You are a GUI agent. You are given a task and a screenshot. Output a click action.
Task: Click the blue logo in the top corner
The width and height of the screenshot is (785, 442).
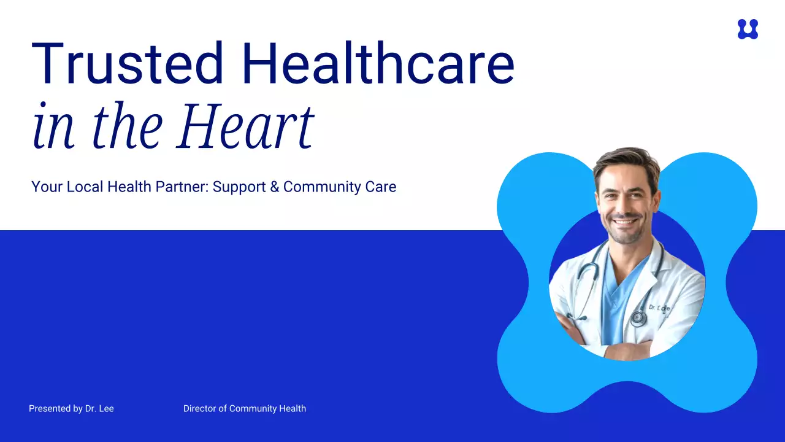pyautogui.click(x=748, y=29)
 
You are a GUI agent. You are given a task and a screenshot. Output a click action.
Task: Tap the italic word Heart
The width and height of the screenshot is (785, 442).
pyautogui.click(x=245, y=127)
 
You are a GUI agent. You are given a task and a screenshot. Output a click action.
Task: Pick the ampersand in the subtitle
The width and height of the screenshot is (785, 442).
pyautogui.click(x=274, y=187)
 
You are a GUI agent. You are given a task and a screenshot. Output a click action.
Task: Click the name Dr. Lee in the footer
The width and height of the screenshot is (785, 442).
pyautogui.click(x=99, y=408)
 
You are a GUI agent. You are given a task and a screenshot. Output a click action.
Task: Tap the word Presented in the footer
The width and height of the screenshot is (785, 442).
pyautogui.click(x=49, y=408)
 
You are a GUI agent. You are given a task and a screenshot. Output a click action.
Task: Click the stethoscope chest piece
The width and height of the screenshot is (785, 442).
pyautogui.click(x=638, y=317)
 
